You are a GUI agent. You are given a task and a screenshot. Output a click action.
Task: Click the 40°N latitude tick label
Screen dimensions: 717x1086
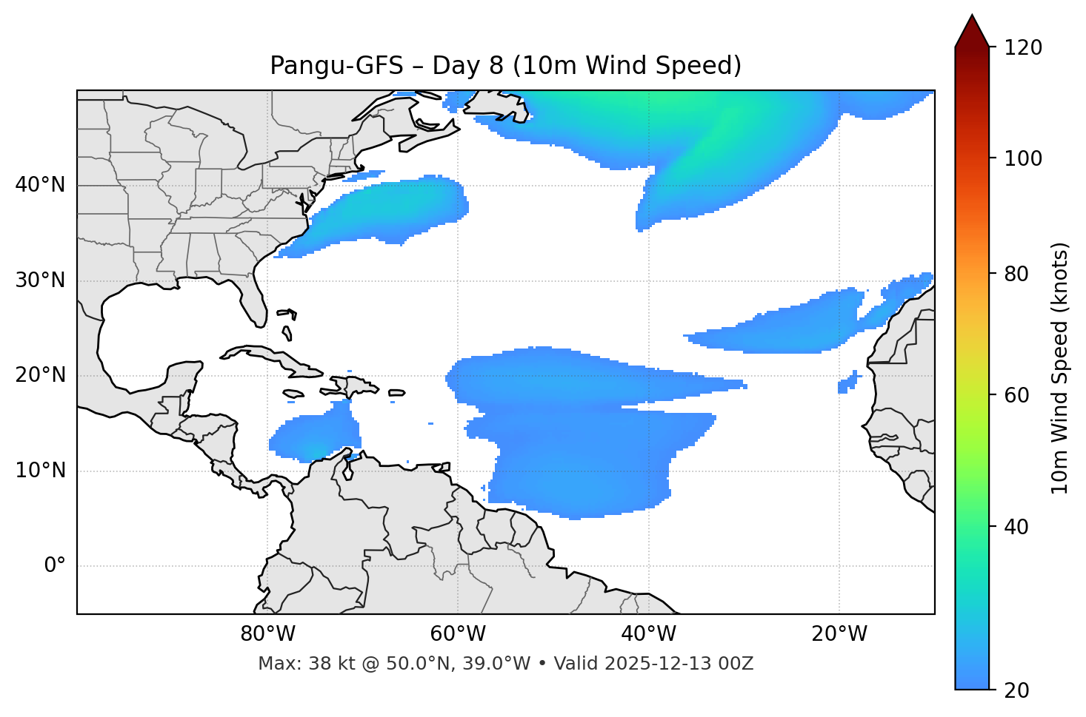pyautogui.click(x=40, y=185)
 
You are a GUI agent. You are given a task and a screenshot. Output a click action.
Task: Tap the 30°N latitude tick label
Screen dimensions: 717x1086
pyautogui.click(x=40, y=280)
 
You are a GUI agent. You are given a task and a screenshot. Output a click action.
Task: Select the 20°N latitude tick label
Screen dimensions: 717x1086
pyautogui.click(x=40, y=375)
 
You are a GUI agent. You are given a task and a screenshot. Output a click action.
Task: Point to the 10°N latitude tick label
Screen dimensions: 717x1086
pyautogui.click(x=40, y=471)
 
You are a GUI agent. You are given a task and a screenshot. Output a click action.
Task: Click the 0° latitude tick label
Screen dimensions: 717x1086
pyautogui.click(x=54, y=566)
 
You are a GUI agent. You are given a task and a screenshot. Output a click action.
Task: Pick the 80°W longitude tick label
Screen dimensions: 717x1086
pyautogui.click(x=267, y=634)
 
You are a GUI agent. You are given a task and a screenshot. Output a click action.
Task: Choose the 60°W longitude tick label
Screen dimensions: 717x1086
pyautogui.click(x=458, y=634)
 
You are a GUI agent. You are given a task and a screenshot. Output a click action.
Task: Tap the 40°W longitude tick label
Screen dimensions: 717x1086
pyautogui.click(x=648, y=634)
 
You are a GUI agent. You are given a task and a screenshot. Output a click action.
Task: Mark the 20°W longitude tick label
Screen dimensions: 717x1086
pyautogui.click(x=839, y=634)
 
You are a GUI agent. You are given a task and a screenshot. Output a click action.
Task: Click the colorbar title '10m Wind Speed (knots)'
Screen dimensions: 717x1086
pyautogui.click(x=1060, y=368)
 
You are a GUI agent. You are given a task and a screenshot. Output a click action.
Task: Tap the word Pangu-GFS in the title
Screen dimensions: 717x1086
pyautogui.click(x=336, y=66)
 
